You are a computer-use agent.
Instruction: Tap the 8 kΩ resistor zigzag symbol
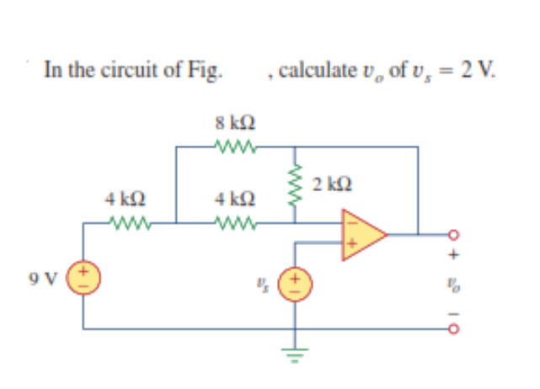click(229, 147)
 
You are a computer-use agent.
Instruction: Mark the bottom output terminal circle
click(455, 328)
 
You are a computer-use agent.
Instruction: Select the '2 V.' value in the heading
click(480, 68)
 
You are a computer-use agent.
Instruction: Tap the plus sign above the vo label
click(455, 252)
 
